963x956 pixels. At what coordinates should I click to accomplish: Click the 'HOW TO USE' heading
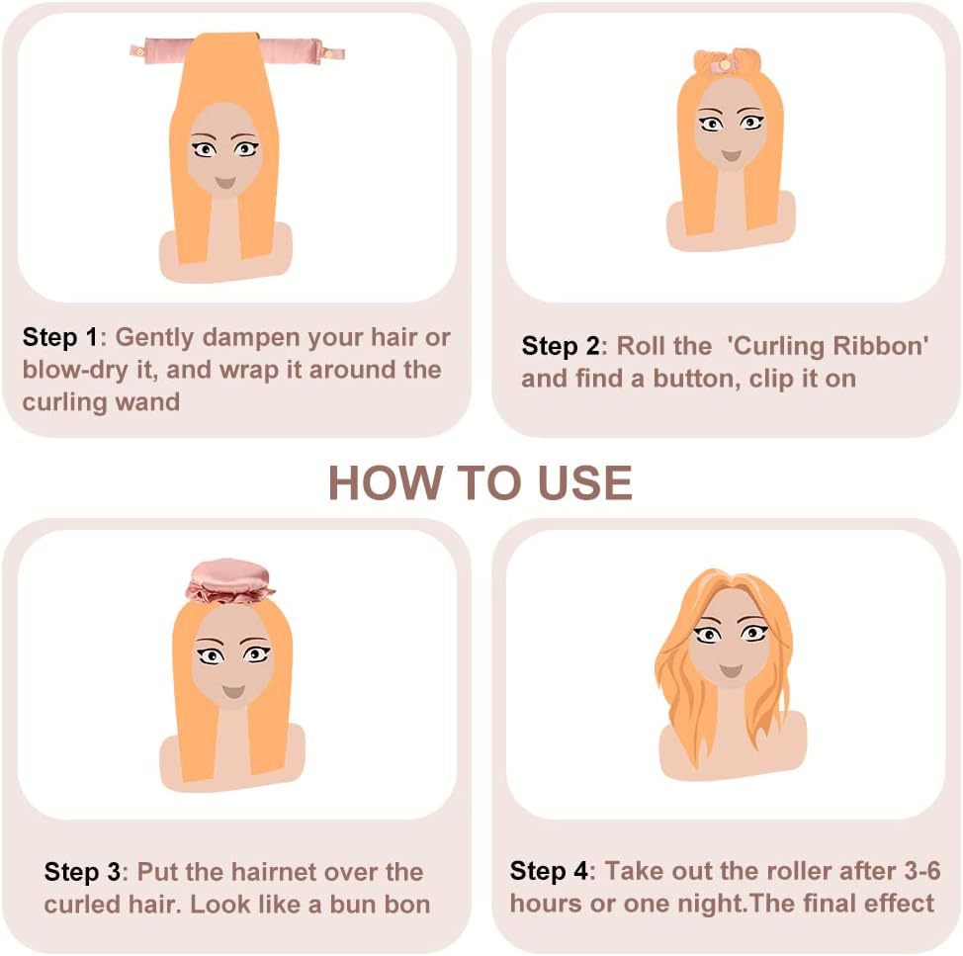coord(480,482)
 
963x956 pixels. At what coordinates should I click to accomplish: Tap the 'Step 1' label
coord(60,337)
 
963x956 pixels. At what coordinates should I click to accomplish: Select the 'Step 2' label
coord(560,346)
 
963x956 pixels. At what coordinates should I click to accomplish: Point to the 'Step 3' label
coord(82,872)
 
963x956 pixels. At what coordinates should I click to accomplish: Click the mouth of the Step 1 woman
coord(224,183)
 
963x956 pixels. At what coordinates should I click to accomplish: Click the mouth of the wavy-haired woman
coord(731,670)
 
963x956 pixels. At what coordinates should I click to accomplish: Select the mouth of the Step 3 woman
coord(233,690)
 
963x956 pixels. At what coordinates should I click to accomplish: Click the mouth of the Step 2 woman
coord(731,156)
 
